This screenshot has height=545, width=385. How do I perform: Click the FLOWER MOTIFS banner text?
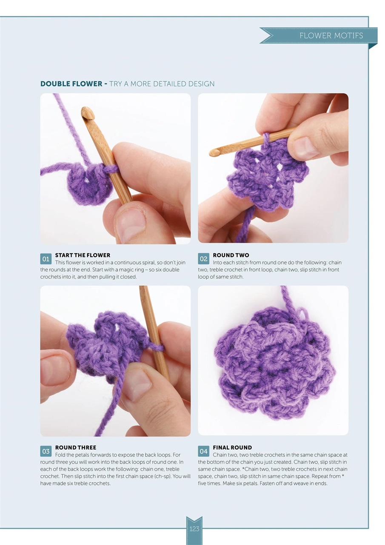[331, 36]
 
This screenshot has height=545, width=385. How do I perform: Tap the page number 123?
[194, 529]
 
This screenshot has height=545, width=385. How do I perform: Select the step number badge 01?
[46, 259]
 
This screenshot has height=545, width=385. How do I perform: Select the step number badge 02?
[204, 259]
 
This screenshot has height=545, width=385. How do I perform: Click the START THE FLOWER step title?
[83, 255]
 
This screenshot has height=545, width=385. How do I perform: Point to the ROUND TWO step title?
[231, 255]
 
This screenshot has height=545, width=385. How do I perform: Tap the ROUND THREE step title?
[76, 447]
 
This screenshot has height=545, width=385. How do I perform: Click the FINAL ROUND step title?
[232, 447]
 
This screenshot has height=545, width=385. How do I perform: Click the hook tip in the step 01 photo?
[87, 113]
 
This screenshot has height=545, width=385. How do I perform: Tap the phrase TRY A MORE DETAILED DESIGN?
[162, 84]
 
